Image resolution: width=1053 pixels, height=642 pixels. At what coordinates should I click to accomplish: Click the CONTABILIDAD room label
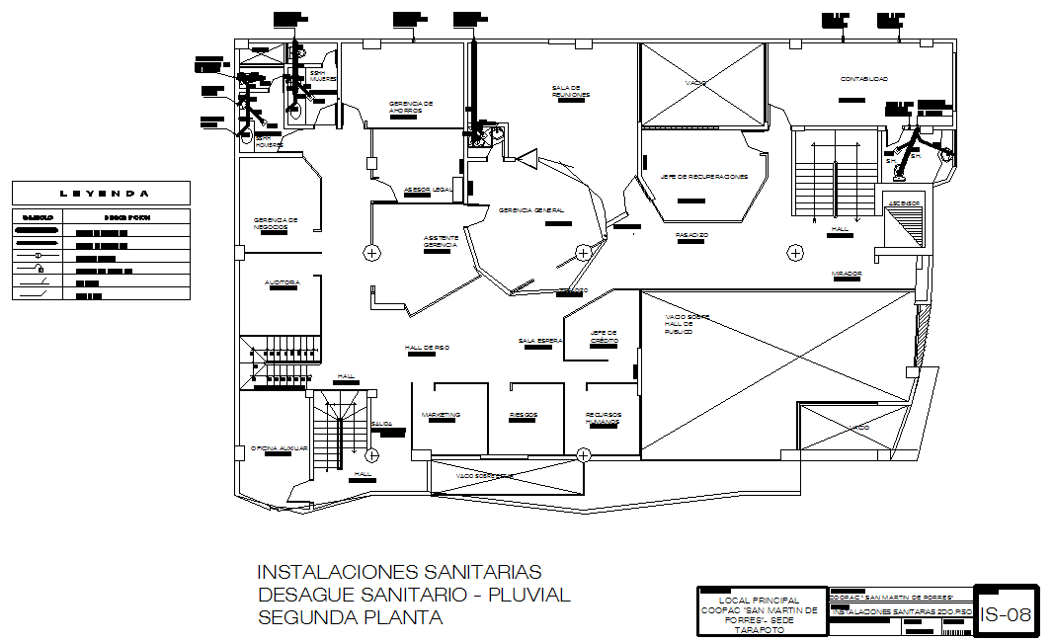[864, 79]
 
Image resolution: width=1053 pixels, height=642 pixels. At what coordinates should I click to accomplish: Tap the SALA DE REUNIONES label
[571, 91]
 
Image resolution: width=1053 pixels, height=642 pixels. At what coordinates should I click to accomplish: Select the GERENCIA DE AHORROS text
[411, 107]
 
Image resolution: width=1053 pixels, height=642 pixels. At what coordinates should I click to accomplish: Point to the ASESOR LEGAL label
[429, 190]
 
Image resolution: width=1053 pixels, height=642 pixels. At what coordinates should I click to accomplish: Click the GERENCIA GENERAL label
[531, 210]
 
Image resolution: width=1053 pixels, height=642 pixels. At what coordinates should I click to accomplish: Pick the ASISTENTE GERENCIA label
[441, 241]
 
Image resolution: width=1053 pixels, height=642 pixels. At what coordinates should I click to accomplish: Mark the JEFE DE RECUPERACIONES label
[704, 177]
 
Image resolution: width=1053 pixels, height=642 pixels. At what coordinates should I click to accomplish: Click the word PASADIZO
[691, 235]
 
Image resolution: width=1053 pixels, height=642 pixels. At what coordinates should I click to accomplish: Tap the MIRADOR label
[847, 274]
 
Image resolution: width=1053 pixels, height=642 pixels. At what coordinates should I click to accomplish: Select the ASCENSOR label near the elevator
[904, 203]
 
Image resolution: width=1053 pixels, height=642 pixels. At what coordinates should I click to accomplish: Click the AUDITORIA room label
[282, 282]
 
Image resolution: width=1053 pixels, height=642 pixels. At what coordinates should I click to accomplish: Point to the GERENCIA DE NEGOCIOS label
[276, 223]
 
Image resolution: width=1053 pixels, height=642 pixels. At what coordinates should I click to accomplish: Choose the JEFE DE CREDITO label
[604, 336]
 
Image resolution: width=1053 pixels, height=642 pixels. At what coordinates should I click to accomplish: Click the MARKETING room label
[441, 415]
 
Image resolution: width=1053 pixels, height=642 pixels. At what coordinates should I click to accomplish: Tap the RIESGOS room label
[524, 415]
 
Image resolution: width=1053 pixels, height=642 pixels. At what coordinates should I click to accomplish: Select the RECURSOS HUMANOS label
[603, 418]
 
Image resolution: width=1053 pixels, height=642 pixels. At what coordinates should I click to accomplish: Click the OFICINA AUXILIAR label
[279, 448]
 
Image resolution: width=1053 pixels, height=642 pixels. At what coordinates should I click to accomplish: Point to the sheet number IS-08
[1006, 613]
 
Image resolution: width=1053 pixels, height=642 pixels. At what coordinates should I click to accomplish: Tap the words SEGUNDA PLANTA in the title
[350, 617]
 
